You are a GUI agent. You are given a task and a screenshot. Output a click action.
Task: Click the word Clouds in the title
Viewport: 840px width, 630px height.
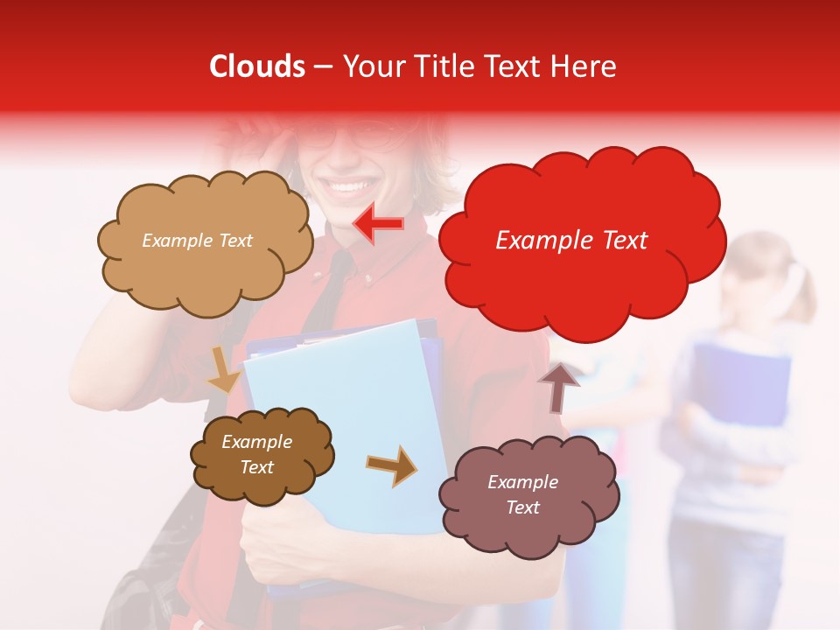pos(257,66)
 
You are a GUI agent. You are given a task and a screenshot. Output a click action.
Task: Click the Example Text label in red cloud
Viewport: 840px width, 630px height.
pos(571,241)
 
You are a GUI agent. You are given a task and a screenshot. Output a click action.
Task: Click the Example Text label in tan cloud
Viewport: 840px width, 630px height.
pos(197,241)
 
